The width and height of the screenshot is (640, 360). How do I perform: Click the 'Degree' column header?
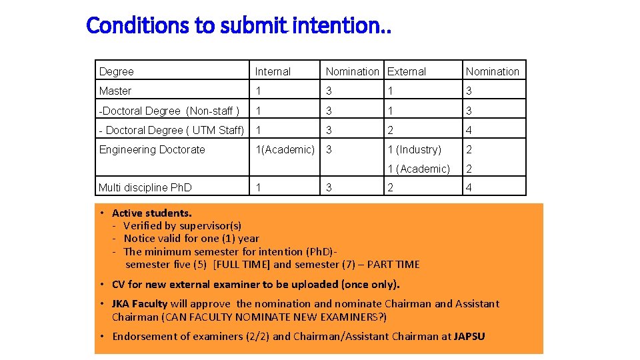click(x=117, y=71)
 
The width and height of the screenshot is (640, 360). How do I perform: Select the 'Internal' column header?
click(x=273, y=71)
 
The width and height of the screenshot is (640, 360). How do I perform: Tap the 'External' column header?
click(x=407, y=71)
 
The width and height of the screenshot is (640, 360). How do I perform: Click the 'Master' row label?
click(x=115, y=91)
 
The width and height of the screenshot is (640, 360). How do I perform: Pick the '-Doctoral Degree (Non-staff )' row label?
click(x=169, y=111)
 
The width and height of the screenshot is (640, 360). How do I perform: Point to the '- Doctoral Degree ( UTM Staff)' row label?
click(x=171, y=130)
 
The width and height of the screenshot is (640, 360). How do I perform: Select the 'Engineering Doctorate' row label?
click(x=152, y=149)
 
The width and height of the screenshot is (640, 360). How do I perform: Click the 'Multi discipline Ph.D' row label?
click(x=145, y=187)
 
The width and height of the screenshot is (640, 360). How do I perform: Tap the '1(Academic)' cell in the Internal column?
click(x=285, y=149)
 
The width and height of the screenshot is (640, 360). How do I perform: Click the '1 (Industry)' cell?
click(x=415, y=149)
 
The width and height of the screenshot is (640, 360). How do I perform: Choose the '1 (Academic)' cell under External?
click(x=419, y=169)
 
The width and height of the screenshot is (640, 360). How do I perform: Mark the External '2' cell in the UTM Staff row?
click(x=391, y=130)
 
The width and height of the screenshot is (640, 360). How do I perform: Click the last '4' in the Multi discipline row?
click(x=469, y=187)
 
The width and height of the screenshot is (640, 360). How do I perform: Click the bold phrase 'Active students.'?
click(x=152, y=213)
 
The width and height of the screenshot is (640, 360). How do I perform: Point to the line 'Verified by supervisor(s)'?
click(x=183, y=226)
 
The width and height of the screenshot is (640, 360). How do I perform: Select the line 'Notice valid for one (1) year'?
click(x=191, y=239)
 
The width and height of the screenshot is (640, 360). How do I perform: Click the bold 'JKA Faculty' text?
click(x=140, y=304)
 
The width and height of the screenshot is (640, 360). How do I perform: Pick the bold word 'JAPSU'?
click(x=469, y=337)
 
